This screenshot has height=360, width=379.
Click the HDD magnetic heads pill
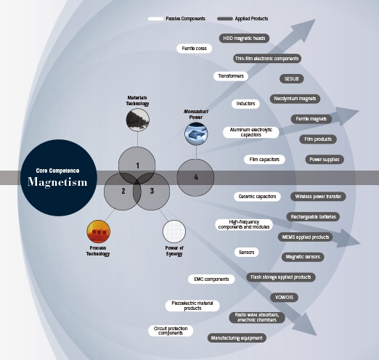(x=244, y=38)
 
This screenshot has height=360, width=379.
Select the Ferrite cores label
(x=194, y=49)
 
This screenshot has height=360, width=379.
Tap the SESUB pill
(x=291, y=78)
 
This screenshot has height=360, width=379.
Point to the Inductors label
(x=245, y=104)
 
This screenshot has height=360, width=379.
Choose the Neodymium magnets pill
(x=295, y=99)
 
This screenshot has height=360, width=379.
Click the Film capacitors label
(x=264, y=160)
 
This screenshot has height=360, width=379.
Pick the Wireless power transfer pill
(x=318, y=197)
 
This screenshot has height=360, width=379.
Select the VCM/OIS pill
(x=284, y=297)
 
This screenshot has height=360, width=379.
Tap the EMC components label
(x=211, y=279)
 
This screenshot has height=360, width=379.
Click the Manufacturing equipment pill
(x=237, y=337)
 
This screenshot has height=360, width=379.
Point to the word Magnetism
(x=57, y=182)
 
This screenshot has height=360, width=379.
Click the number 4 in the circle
(x=196, y=177)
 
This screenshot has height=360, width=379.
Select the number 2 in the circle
(x=123, y=191)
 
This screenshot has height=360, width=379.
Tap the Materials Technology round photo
(x=137, y=120)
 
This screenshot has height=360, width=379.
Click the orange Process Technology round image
(x=98, y=232)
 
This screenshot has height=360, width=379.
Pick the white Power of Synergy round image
(x=174, y=232)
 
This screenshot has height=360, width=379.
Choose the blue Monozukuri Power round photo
(x=196, y=134)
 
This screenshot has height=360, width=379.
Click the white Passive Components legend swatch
(x=155, y=19)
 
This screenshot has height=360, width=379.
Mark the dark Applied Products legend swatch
(x=225, y=19)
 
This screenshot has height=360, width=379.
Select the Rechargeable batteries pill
(x=313, y=216)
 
